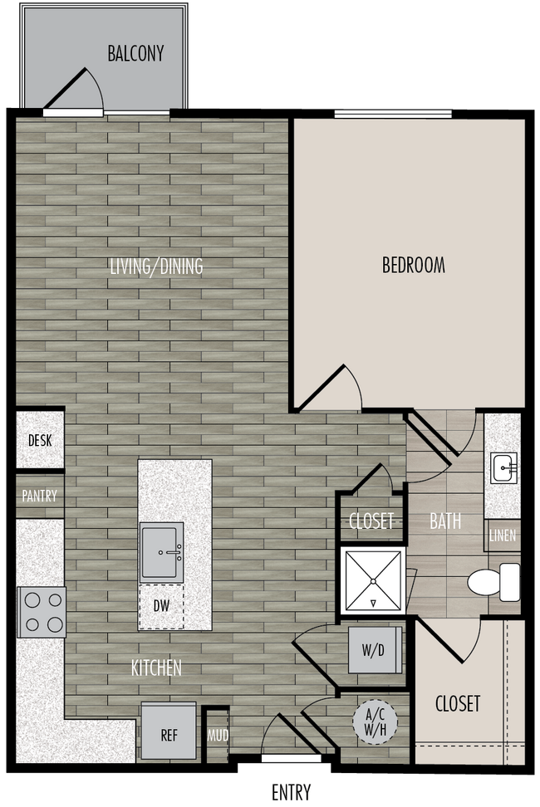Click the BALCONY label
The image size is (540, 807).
(x=135, y=54)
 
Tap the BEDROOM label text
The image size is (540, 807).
(x=413, y=266)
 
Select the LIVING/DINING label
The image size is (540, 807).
(x=156, y=267)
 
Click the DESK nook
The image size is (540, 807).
(x=40, y=440)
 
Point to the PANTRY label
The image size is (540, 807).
(x=39, y=496)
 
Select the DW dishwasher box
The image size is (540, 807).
(x=161, y=606)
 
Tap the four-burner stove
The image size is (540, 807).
(x=41, y=612)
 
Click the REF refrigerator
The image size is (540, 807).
(x=169, y=734)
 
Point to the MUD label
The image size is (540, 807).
(x=217, y=736)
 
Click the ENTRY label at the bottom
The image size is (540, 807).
(x=291, y=791)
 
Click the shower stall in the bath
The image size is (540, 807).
(x=372, y=580)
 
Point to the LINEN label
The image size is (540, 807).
(x=503, y=536)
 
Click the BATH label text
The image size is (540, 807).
(x=444, y=522)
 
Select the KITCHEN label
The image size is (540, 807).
(x=156, y=668)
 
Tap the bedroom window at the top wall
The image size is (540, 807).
(x=393, y=115)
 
